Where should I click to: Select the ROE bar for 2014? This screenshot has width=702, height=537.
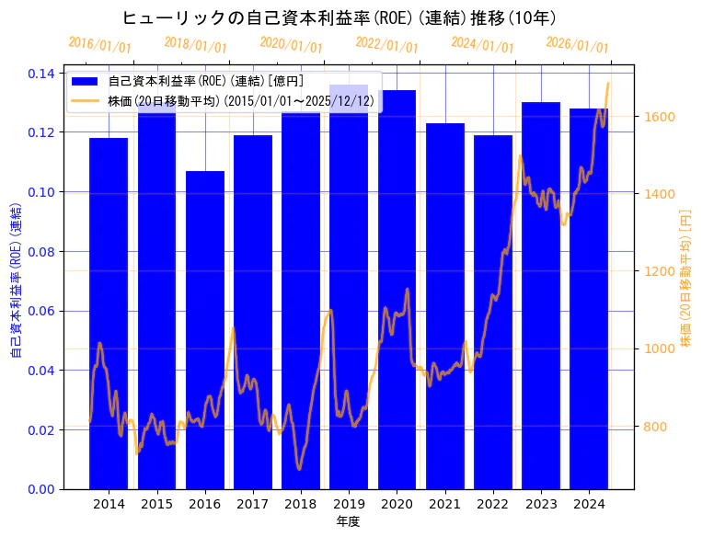tap(109, 313)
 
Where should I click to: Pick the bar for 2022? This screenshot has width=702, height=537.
tap(492, 312)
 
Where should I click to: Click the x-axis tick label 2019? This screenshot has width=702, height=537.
tap(349, 504)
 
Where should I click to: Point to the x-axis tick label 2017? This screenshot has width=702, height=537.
tap(253, 504)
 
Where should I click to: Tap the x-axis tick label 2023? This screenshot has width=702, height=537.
tap(541, 504)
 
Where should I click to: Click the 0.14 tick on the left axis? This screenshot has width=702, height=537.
tap(41, 74)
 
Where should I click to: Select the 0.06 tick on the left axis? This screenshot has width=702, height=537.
tap(41, 311)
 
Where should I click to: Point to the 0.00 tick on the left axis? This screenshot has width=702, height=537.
tap(41, 489)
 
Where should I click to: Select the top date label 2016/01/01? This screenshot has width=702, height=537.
tap(99, 44)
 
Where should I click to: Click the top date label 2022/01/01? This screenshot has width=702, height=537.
tap(386, 44)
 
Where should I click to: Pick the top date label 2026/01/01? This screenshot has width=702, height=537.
tap(577, 44)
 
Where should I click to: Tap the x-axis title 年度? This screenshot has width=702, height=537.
tap(348, 521)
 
